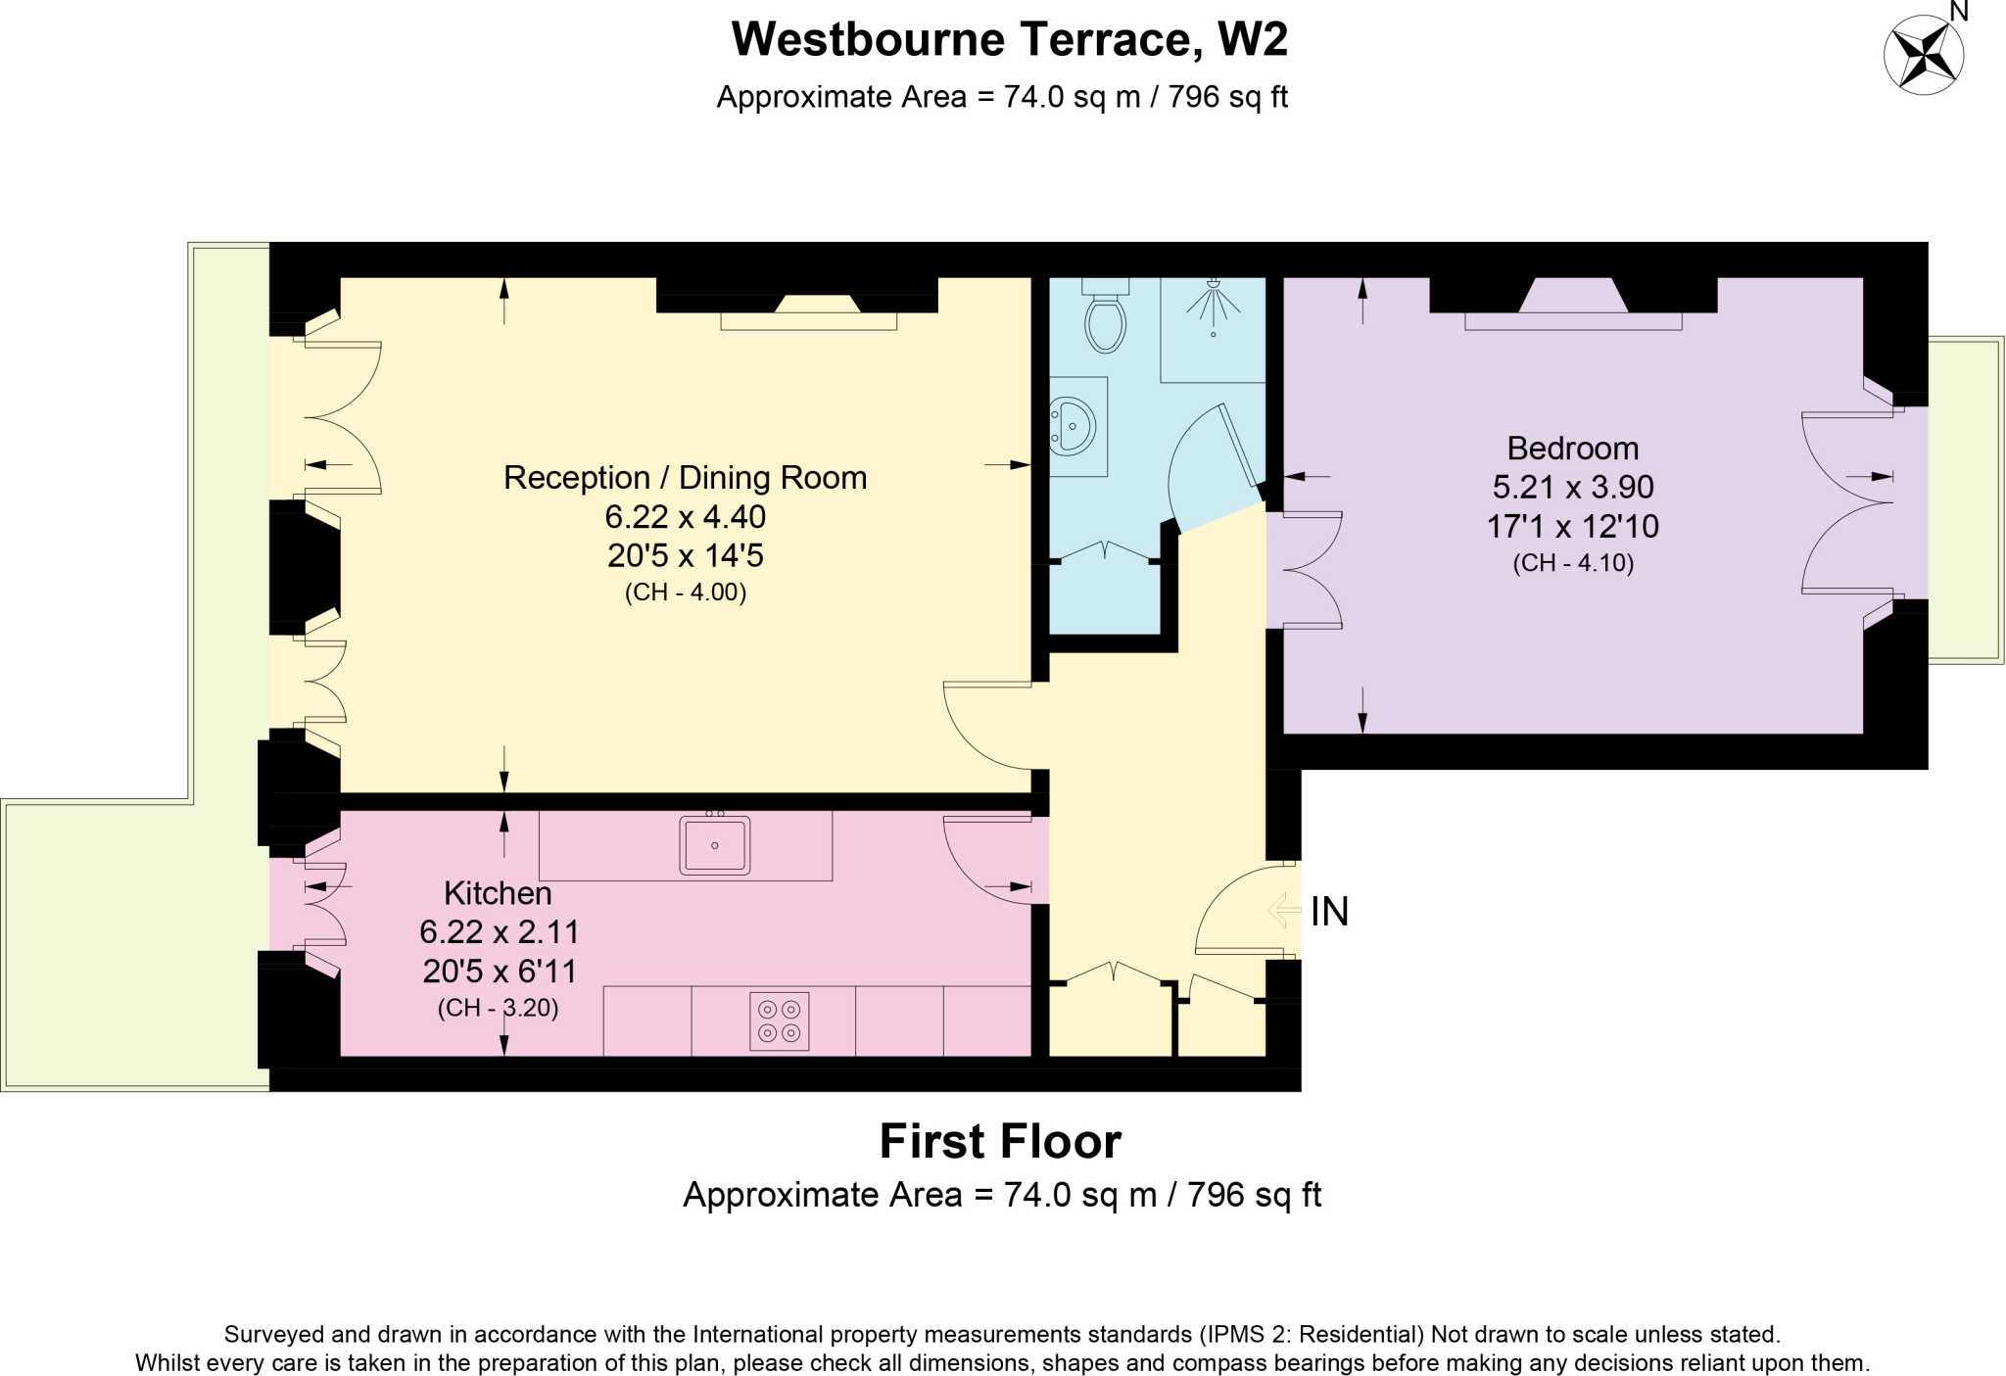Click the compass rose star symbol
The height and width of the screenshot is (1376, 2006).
click(x=1924, y=55)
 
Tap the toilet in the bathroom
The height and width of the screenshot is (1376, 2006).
click(x=1105, y=319)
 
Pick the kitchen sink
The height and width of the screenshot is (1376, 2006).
click(x=714, y=845)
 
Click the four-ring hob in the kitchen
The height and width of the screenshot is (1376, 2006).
click(x=780, y=1020)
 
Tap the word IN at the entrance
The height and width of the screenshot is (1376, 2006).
click(x=1329, y=912)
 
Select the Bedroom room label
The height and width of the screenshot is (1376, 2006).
click(x=1572, y=449)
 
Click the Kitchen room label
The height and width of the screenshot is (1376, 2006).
click(x=498, y=893)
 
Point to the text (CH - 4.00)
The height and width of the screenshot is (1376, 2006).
click(x=686, y=593)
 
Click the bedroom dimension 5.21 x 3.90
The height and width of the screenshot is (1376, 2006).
click(x=1572, y=487)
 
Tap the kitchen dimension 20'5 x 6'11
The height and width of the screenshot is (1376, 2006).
click(x=500, y=972)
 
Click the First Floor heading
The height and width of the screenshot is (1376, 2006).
click(x=1000, y=1142)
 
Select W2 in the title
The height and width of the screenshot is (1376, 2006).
click(x=1252, y=40)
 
